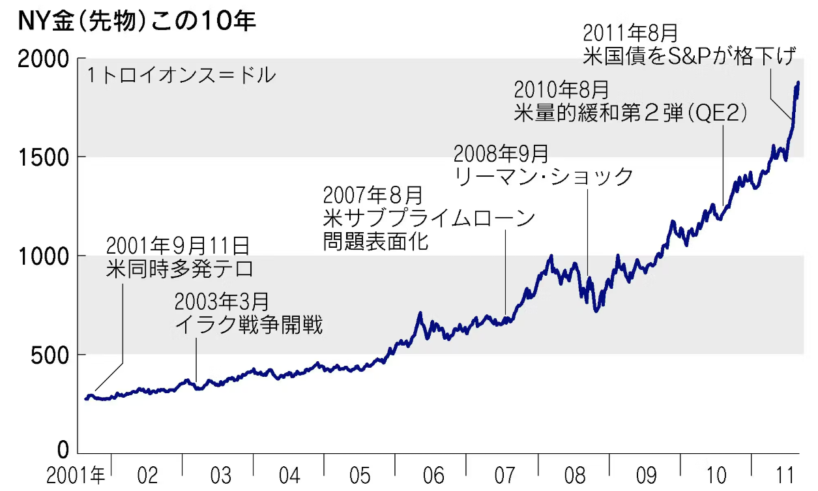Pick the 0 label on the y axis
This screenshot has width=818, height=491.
pyautogui.click(x=63, y=450)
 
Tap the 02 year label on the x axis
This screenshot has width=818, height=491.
pyautogui.click(x=147, y=475)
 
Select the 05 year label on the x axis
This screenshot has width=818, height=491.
pyautogui.click(x=360, y=475)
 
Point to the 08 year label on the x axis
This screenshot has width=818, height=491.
pyautogui.click(x=574, y=475)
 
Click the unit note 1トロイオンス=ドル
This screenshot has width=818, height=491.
pyautogui.click(x=181, y=76)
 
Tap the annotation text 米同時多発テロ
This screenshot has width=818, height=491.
pyautogui.click(x=179, y=269)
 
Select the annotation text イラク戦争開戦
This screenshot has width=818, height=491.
pyautogui.click(x=248, y=324)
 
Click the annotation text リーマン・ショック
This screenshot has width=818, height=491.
pyautogui.click(x=544, y=177)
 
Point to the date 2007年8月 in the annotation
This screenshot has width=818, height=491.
pyautogui.click(x=373, y=194)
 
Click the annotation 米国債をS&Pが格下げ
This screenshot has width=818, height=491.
pyautogui.click(x=690, y=57)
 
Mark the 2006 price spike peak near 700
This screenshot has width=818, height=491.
pyautogui.click(x=420, y=314)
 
